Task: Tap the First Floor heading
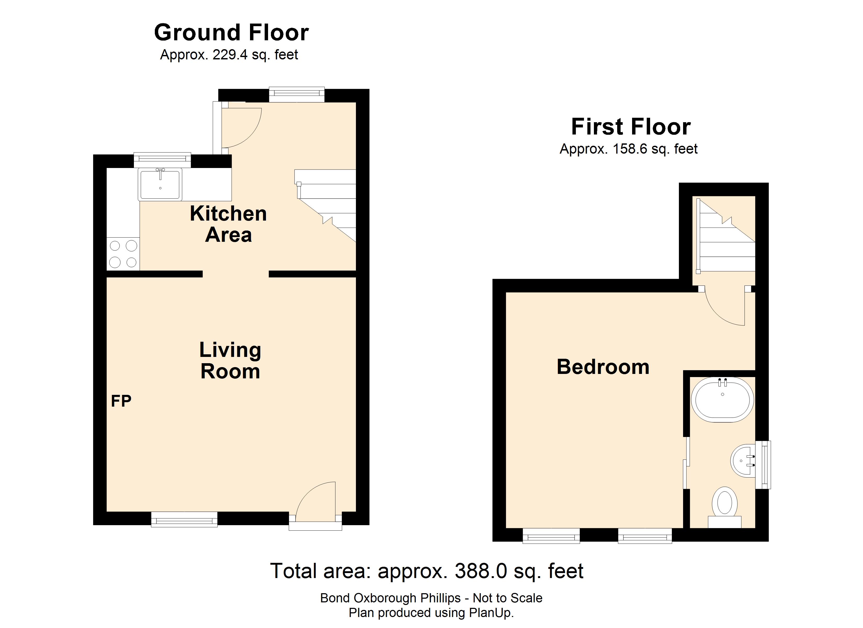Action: pos(631,127)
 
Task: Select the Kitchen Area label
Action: pos(228,224)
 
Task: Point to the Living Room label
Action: pos(230,360)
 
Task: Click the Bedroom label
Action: pos(603,367)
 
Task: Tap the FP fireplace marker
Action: pos(121,401)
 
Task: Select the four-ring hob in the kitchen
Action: pos(123,254)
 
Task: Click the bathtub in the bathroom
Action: pos(722,400)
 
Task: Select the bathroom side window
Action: pos(763,465)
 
